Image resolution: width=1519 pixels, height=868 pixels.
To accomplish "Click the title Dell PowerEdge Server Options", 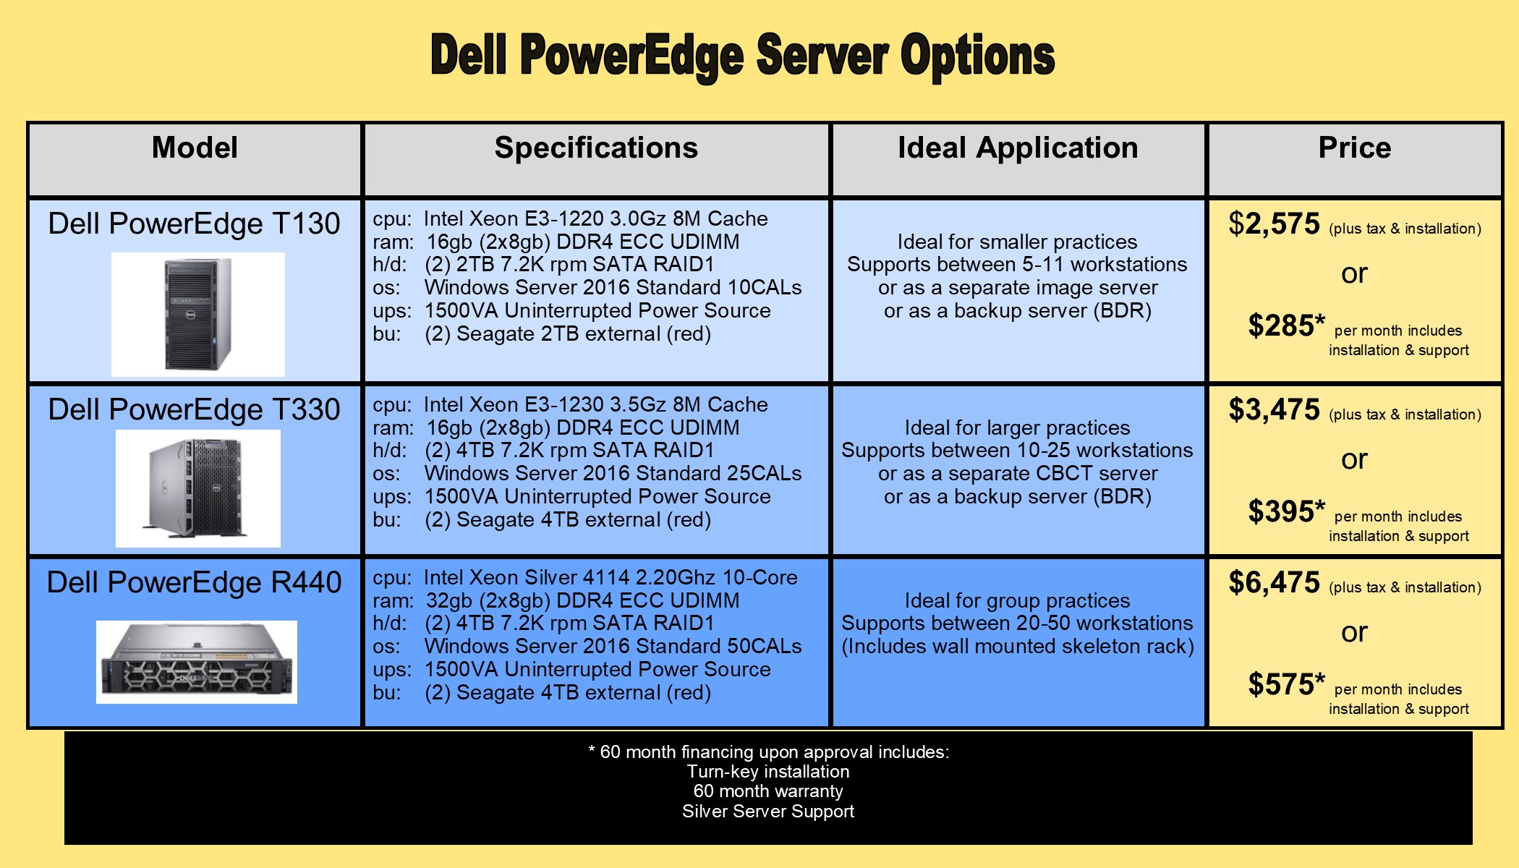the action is [x=743, y=56].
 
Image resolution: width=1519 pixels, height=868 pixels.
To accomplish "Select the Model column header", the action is [x=195, y=148].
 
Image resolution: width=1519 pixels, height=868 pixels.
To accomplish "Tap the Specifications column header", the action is [x=596, y=148].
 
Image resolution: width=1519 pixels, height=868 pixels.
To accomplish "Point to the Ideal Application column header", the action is [x=1018, y=148].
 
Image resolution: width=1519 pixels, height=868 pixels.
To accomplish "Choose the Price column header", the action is [x=1355, y=148].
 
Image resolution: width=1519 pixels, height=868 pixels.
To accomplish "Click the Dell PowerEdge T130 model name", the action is [x=194, y=224].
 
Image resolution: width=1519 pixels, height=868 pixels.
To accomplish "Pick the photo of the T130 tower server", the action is [x=198, y=314].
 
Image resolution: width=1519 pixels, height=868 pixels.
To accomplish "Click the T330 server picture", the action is [x=198, y=488].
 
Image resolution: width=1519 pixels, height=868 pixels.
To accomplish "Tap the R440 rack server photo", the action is [x=197, y=662].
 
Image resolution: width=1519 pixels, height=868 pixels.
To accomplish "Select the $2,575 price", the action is [x=1275, y=224].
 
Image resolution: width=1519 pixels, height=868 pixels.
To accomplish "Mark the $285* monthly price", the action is [x=1287, y=325].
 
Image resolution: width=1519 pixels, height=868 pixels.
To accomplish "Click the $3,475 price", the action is [x=1275, y=410].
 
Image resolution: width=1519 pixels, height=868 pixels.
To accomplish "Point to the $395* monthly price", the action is [x=1287, y=511].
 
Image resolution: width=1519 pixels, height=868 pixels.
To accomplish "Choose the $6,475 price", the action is [x=1275, y=583].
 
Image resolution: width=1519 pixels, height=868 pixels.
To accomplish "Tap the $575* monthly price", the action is [x=1287, y=684].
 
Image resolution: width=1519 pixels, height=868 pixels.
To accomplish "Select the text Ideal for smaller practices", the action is [x=1017, y=242].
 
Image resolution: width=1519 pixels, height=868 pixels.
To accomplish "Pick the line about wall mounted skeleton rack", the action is [x=1018, y=646].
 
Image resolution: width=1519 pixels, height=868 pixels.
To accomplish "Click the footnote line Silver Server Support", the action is [x=768, y=812].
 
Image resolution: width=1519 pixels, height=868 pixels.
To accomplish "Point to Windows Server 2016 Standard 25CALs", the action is [x=613, y=473].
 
